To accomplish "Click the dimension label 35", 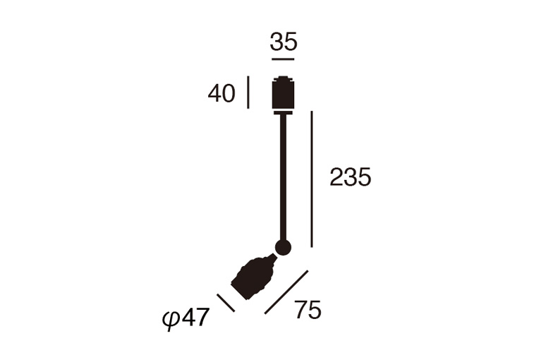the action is click(283, 42).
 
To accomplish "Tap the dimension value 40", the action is click(222, 93).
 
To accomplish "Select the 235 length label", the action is click(351, 177).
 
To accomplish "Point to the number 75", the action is click(308, 310).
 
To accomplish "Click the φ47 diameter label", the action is click(186, 319).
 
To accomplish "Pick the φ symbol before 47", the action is click(171, 320).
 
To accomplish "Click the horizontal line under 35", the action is click(283, 59).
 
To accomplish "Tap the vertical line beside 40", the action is click(248, 92).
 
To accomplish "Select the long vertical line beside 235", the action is click(312, 179).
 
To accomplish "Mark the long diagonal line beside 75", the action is click(286, 292).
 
